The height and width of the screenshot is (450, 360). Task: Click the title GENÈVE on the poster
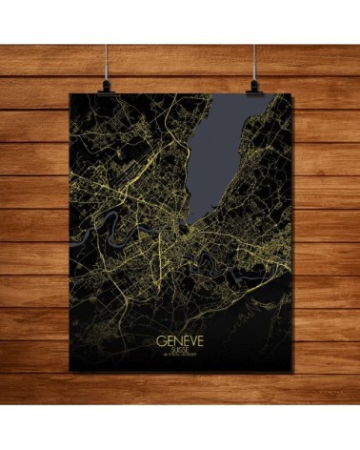179,340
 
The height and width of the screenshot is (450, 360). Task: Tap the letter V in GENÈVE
191,340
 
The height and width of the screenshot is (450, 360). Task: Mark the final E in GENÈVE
200,340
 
